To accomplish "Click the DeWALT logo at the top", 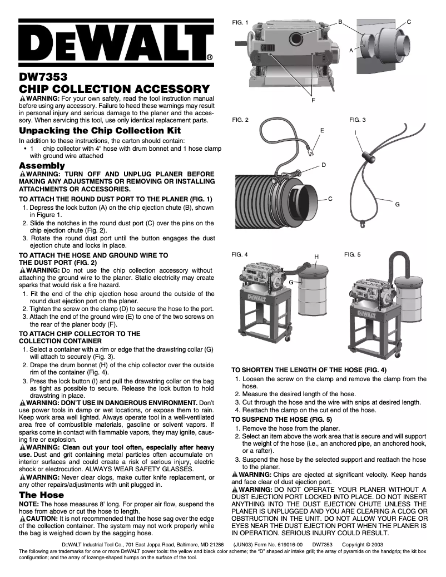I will pyautogui.click(x=116, y=43).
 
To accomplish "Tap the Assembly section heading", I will pyautogui.click(x=42, y=166).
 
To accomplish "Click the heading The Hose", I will pyautogui.click(x=42, y=495).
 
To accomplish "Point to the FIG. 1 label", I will pyautogui.click(x=240, y=23).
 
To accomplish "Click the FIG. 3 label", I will pyautogui.click(x=357, y=120).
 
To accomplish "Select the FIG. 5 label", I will pyautogui.click(x=352, y=254).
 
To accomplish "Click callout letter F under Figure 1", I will pyautogui.click(x=313, y=100).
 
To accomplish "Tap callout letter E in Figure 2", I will pyautogui.click(x=322, y=129).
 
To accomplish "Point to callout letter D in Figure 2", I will pyautogui.click(x=324, y=166).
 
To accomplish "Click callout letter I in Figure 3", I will pyautogui.click(x=355, y=132).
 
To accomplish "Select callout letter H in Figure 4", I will pyautogui.click(x=316, y=257).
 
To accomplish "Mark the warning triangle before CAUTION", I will pyautogui.click(x=22, y=518).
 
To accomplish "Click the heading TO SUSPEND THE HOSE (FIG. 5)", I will pyautogui.click(x=282, y=419).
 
